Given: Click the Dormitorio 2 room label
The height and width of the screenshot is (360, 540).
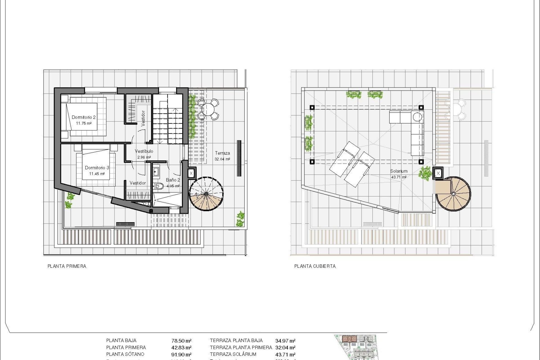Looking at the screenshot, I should pos(84,117).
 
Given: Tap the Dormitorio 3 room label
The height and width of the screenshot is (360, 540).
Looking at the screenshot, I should pos(97,168).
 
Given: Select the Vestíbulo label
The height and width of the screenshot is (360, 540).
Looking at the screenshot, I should pos(144,151).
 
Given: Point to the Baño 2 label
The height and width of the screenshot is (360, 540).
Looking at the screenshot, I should pos(173,180).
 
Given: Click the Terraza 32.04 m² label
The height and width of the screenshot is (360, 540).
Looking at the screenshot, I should pos(222,156).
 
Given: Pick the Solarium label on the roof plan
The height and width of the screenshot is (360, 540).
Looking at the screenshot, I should pos(399,171).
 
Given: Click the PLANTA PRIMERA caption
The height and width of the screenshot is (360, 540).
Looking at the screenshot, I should pos(67,266).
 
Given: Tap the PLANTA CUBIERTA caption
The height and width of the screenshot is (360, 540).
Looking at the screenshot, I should pos(315,266).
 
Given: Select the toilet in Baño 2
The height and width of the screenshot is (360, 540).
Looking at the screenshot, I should pos(159,186).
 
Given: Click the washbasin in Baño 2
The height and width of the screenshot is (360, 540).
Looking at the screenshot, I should pos(156,172).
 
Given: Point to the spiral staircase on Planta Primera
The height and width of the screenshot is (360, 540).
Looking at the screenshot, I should pos(206,194).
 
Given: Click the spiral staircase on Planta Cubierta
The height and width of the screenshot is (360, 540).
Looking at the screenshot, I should pos(453,194).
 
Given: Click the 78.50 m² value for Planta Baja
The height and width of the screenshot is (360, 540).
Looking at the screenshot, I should pos(181,341).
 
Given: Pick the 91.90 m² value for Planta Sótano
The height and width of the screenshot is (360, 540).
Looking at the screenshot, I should pos(181,355).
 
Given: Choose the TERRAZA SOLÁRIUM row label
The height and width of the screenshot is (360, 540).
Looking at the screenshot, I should pos(233,354).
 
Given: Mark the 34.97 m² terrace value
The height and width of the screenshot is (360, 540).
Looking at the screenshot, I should pos(285,341).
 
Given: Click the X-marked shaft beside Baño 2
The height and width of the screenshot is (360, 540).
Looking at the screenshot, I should pos(191,173).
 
